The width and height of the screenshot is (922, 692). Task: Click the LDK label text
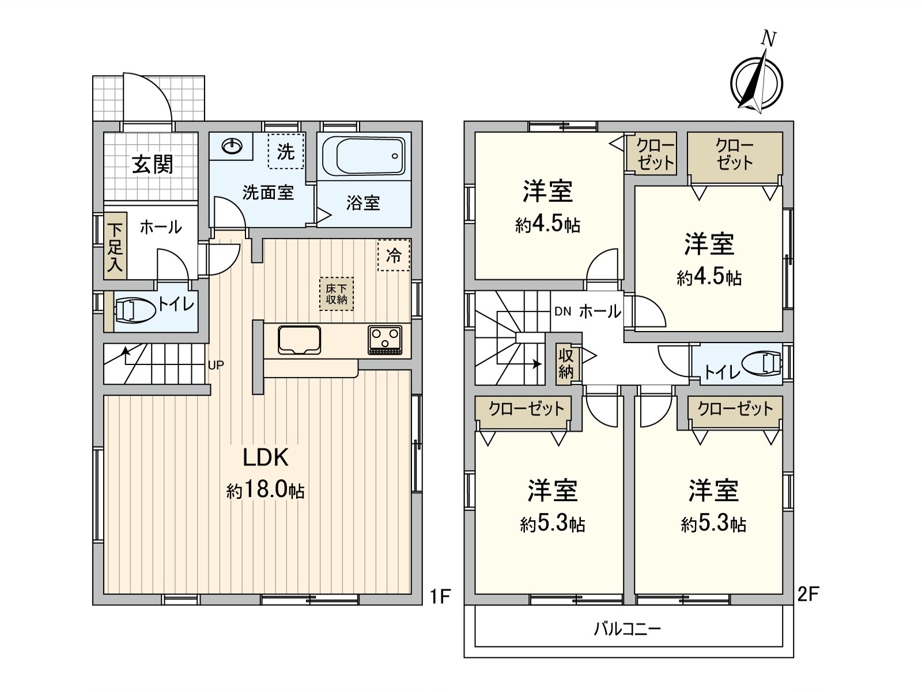tap(266, 457)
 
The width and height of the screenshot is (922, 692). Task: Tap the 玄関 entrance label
tap(153, 164)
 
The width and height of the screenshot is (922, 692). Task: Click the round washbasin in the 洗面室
tap(232, 146)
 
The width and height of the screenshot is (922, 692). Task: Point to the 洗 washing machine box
tap(286, 151)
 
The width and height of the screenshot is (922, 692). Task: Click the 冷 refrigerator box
tap(394, 255)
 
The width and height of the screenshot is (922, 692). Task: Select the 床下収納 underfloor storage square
tap(337, 294)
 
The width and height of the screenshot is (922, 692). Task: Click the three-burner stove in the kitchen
tap(385, 340)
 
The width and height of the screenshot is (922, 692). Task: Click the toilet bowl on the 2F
tap(762, 363)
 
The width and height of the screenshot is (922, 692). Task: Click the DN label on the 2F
tap(563, 311)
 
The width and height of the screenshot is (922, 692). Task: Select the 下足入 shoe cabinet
tap(115, 247)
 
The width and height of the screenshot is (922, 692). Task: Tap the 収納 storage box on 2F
tap(566, 364)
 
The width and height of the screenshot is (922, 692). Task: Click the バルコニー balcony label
tap(628, 629)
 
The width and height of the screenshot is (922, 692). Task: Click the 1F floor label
tap(440, 597)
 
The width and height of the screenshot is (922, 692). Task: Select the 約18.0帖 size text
tap(266, 490)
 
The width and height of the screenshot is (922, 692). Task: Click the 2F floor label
tap(808, 594)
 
